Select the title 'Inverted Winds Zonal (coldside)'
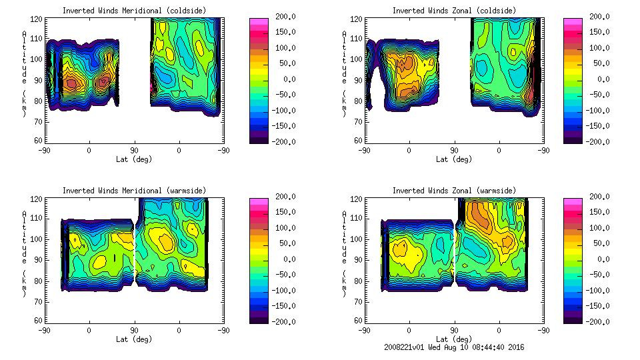point(454,10)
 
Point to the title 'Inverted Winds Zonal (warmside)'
point(454,190)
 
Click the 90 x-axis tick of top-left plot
point(133,150)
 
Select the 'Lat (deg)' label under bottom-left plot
point(134,339)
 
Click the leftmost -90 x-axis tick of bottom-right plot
point(363,330)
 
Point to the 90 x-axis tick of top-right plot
point(454,150)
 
